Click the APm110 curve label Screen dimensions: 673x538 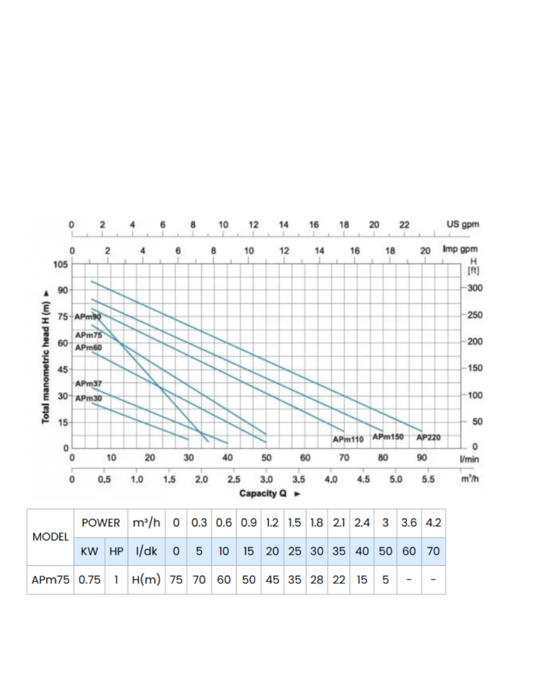coord(348,440)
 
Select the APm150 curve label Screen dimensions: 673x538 coord(388,437)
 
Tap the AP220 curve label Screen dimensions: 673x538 coord(428,437)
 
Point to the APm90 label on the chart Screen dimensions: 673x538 coord(88,317)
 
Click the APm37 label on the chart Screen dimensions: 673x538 coord(88,383)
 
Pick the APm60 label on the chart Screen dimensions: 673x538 coord(88,348)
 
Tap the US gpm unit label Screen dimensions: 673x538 coord(462,225)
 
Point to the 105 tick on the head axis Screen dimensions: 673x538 coord(60,264)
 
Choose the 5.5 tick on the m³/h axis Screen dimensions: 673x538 coord(428,480)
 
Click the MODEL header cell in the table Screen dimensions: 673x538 coord(51,537)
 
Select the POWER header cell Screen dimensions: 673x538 coord(101,523)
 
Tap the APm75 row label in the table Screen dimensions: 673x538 coord(51,580)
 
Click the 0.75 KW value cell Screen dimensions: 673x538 coord(90,580)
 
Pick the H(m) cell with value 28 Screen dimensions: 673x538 coord(317,580)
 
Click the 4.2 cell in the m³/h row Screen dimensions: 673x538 coord(434,523)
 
